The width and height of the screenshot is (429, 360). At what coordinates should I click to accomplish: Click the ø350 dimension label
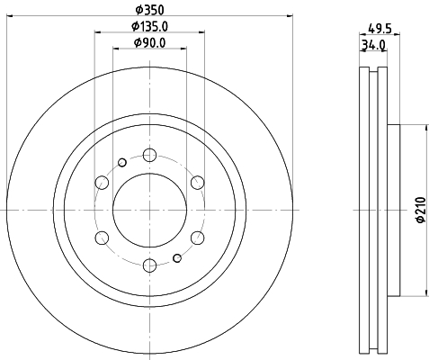149,10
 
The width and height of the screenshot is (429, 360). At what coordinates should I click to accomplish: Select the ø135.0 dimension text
149,27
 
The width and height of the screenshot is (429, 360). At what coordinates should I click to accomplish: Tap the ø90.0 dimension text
149,42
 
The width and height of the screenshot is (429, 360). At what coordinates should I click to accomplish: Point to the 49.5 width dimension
380,29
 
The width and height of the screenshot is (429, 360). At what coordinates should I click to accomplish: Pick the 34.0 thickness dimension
373,45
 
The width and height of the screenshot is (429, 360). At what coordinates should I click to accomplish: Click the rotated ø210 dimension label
421,210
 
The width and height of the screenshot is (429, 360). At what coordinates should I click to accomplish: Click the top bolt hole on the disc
149,155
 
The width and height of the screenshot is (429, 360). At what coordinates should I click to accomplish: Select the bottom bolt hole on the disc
149,265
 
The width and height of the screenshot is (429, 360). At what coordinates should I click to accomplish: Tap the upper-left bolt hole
102,183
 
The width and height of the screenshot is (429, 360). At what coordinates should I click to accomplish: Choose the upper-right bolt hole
198,183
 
